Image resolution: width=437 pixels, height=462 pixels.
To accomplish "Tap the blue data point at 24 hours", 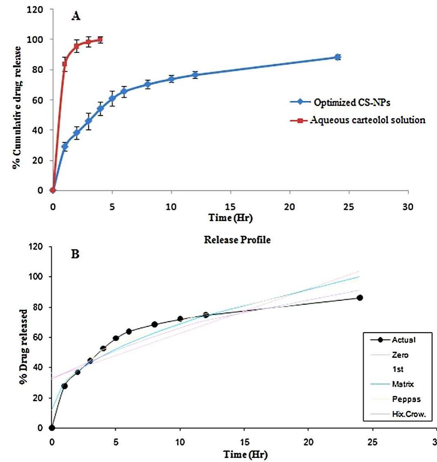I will tap(338, 57).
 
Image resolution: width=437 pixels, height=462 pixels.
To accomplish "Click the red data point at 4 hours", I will tap(100, 40).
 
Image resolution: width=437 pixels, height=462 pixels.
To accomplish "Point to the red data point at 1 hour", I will tap(64, 64).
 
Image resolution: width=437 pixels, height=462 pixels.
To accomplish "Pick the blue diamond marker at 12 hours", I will tap(195, 75).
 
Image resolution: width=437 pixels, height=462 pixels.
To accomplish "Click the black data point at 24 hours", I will tap(360, 298).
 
